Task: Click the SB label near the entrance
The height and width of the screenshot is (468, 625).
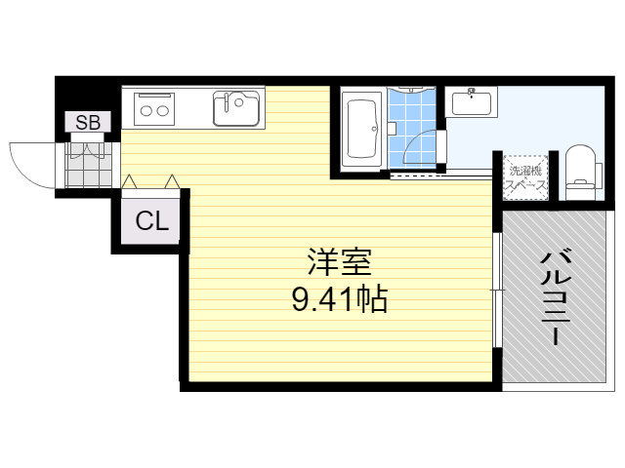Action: coord(88,122)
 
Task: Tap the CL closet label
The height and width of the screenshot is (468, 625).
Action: coord(152,221)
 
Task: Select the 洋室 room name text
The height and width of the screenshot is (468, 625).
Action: coord(340,262)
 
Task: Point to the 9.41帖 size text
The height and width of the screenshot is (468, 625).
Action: coord(340,299)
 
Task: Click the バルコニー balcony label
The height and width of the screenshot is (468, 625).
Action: coord(556,296)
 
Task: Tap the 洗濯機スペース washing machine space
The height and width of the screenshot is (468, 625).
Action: coord(525,177)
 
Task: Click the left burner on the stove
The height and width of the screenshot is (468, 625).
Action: coord(146,111)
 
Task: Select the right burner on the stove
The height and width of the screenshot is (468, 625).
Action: coord(163,111)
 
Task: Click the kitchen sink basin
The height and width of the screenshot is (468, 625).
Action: coord(236,108)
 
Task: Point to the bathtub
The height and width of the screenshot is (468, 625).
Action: coord(362,129)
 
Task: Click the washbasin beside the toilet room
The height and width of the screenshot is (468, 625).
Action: coord(472,102)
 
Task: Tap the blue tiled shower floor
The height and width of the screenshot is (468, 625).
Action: coord(411,129)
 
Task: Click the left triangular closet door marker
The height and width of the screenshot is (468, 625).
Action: coord(129,181)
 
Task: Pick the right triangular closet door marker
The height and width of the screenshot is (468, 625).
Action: coord(172,181)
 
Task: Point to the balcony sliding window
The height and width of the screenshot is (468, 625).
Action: coord(497,290)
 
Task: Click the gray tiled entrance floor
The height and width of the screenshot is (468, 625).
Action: coord(88,165)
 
